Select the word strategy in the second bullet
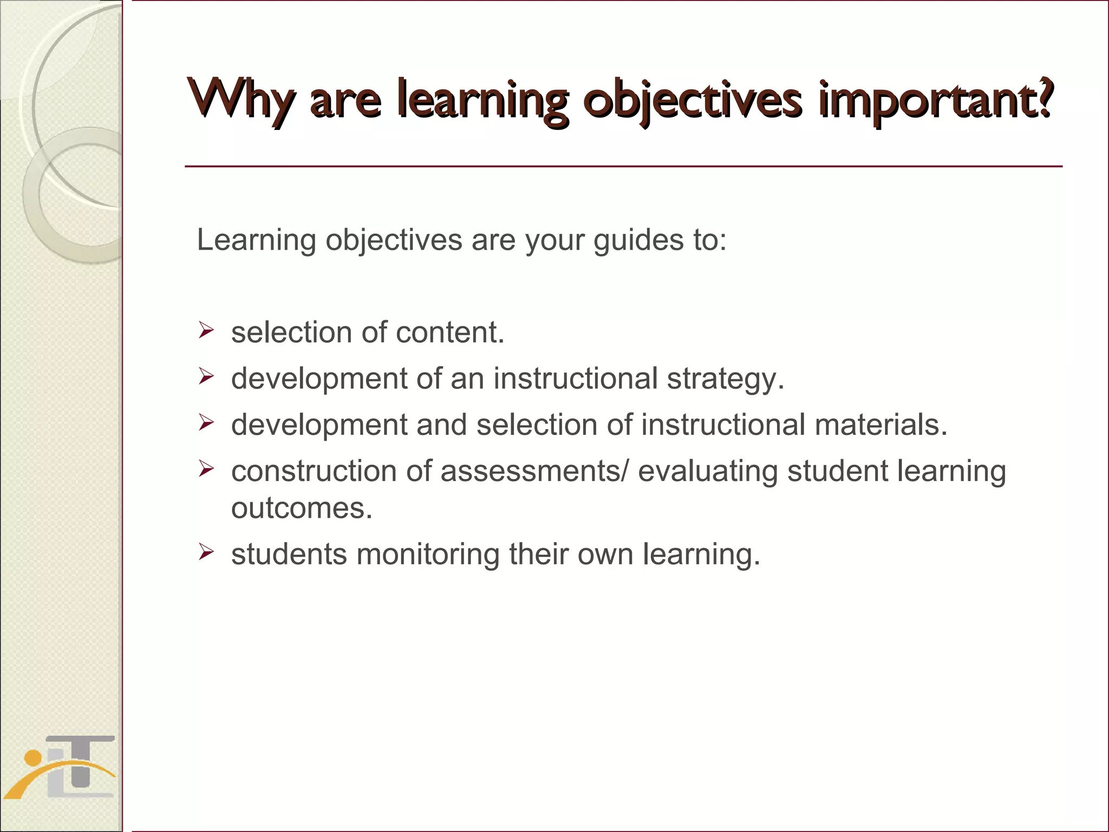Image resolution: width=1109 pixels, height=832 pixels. click(x=725, y=378)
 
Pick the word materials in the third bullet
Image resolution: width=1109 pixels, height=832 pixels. click(x=880, y=424)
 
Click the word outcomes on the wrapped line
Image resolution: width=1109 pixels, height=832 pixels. click(x=302, y=508)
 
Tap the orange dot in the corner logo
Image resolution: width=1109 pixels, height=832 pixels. click(x=33, y=757)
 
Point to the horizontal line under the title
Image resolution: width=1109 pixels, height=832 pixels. click(x=623, y=166)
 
